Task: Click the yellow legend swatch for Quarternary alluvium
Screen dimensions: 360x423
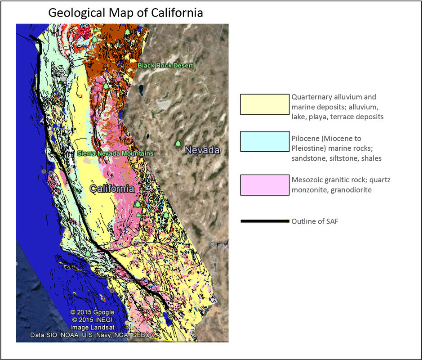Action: point(264,104)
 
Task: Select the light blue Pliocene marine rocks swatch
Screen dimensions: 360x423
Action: point(264,141)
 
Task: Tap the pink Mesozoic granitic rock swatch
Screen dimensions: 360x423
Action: point(264,185)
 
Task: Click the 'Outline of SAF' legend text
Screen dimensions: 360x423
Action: point(318,221)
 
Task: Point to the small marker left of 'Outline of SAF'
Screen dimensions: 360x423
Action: point(287,221)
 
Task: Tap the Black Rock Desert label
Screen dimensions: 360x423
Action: point(165,66)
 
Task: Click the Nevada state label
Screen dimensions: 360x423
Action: point(202,150)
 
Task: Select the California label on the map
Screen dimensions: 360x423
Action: point(111,188)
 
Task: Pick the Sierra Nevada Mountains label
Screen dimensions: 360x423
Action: point(115,153)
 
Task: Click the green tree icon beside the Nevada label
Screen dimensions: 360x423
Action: point(178,144)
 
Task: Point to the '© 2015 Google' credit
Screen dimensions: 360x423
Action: point(92,312)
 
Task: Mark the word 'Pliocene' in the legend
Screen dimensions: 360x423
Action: point(304,138)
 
